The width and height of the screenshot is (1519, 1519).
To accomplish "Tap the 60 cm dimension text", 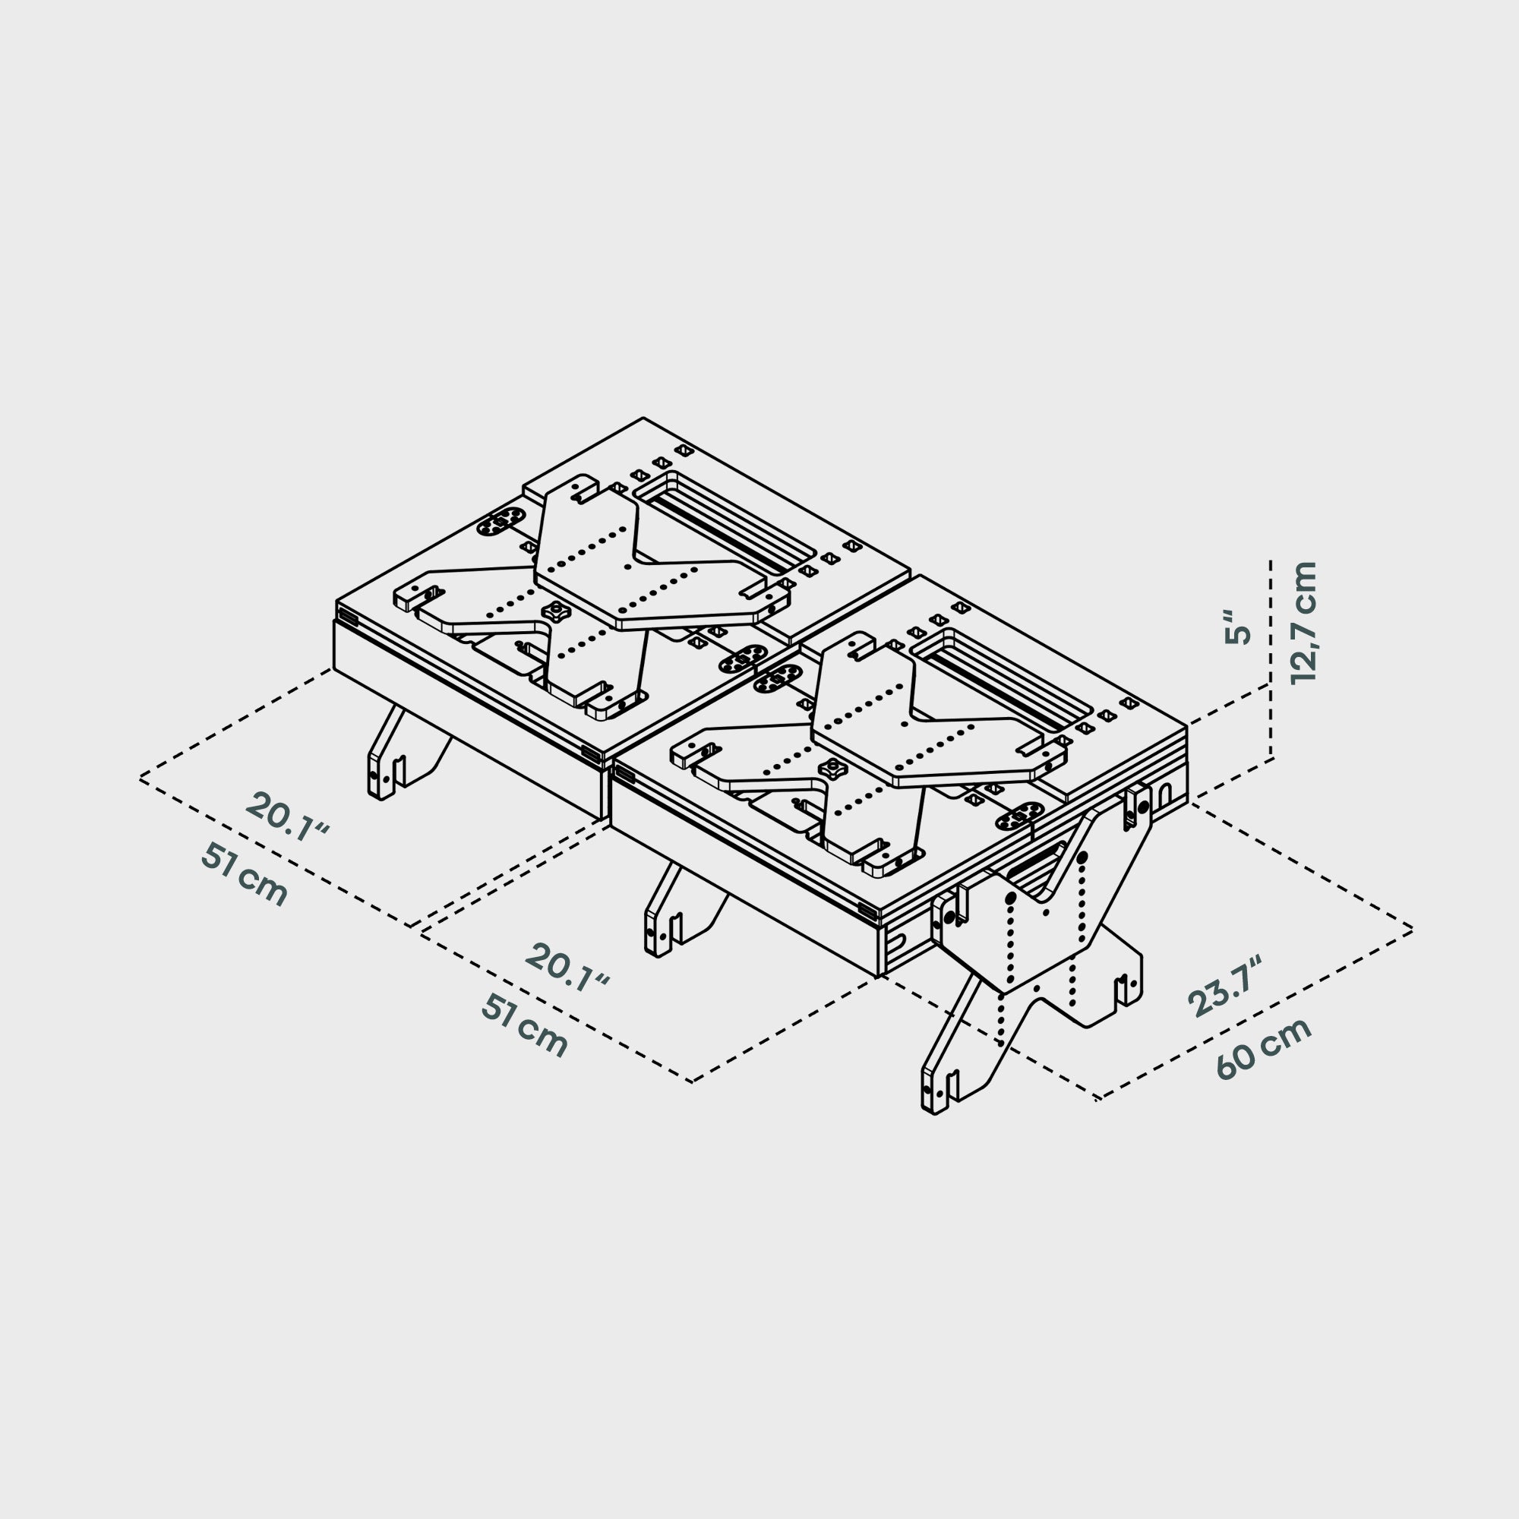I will (1265, 1049).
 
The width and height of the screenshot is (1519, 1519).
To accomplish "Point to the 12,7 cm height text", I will (1304, 623).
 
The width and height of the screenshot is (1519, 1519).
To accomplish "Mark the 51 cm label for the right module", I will (524, 1025).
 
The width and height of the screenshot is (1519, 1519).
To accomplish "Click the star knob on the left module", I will (557, 610).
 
